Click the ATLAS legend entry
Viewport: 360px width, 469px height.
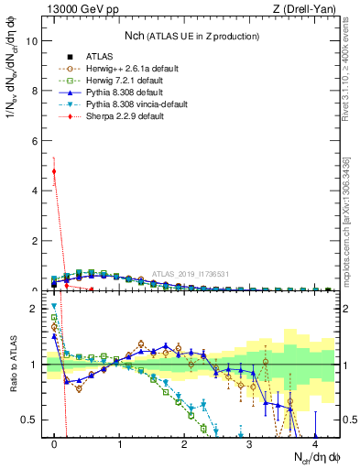[98, 57]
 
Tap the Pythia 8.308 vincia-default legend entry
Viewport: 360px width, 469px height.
[136, 106]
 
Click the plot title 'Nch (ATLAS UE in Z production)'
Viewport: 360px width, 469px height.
[191, 36]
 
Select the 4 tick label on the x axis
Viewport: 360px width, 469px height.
[314, 443]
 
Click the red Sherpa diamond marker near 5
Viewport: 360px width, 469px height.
[54, 171]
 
